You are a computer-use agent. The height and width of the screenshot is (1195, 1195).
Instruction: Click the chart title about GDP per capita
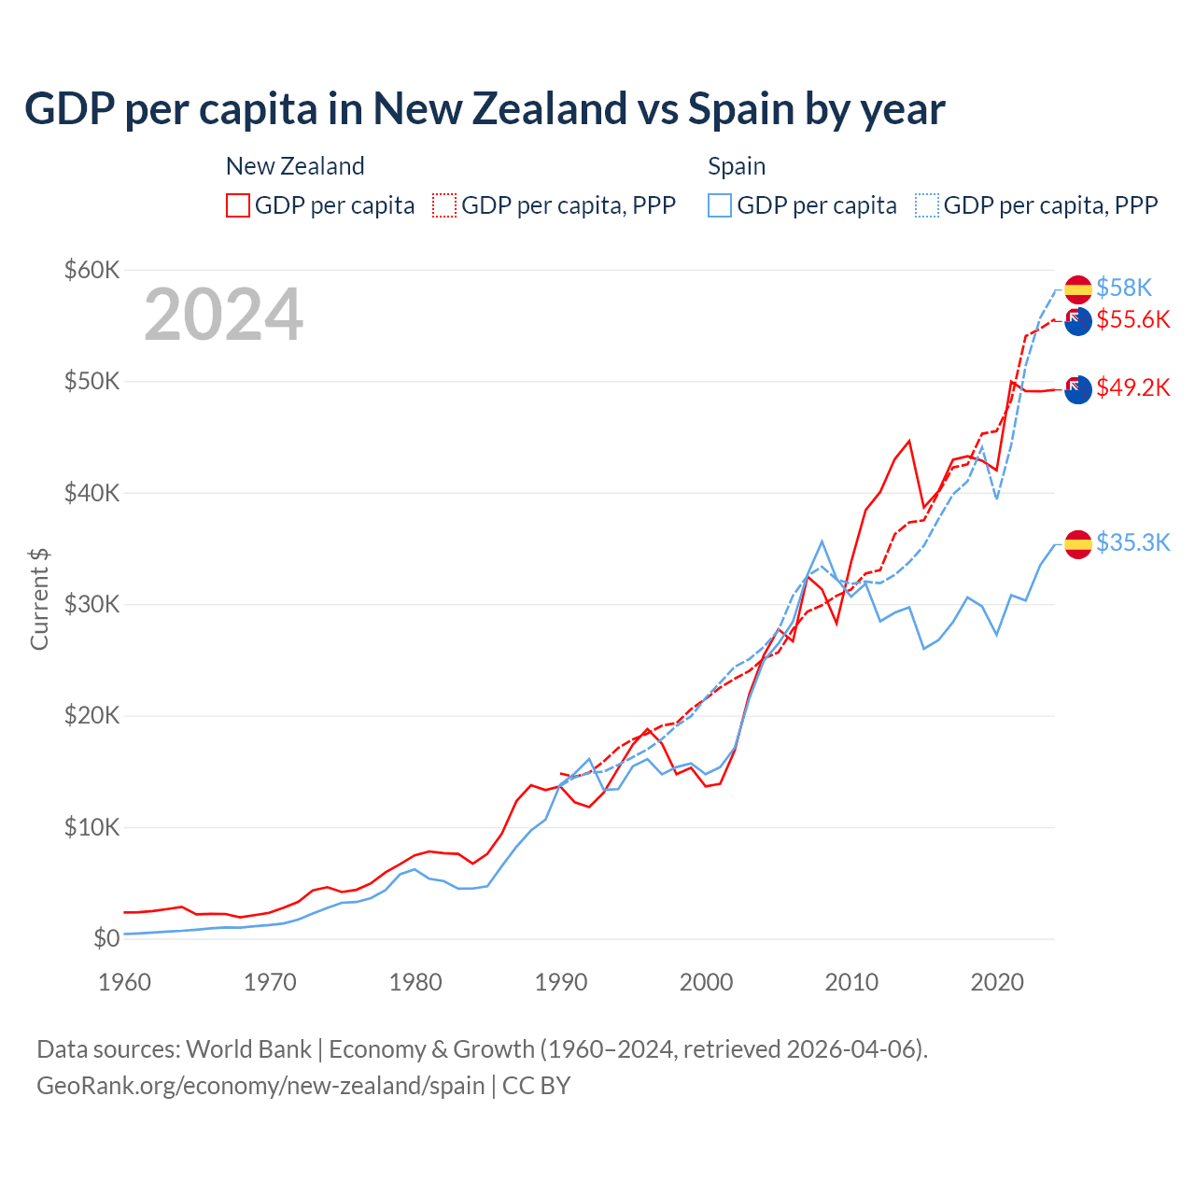tap(485, 109)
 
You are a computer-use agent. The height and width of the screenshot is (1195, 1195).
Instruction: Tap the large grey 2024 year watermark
tap(223, 315)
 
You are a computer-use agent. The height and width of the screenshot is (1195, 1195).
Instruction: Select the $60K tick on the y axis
tap(92, 271)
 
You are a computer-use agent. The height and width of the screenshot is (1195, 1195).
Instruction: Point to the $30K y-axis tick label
tap(92, 604)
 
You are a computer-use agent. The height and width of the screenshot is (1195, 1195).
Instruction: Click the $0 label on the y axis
tap(106, 938)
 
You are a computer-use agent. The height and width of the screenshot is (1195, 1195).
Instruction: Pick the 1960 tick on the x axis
tap(124, 982)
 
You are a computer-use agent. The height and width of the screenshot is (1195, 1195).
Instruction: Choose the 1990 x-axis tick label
tap(561, 982)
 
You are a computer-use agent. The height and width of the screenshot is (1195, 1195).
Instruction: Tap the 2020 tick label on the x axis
tap(997, 982)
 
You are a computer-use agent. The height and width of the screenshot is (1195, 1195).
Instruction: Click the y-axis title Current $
tap(39, 599)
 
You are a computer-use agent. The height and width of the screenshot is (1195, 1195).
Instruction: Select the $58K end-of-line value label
tap(1124, 288)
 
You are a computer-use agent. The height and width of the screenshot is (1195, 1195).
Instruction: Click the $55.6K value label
tap(1133, 319)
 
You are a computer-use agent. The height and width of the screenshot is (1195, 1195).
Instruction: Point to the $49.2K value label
tap(1133, 387)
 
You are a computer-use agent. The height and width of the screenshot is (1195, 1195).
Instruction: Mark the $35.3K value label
tap(1133, 542)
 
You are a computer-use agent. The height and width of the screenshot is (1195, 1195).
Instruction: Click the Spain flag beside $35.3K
tap(1078, 544)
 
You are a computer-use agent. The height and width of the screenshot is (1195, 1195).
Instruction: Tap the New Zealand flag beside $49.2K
tap(1078, 389)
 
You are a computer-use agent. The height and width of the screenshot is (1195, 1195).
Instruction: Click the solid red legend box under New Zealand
tap(238, 205)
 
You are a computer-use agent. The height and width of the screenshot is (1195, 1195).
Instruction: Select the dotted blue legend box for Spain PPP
tap(927, 205)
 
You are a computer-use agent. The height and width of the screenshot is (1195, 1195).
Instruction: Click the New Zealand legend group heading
tap(295, 166)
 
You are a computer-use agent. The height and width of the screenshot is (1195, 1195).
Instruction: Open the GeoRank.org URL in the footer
tap(260, 1086)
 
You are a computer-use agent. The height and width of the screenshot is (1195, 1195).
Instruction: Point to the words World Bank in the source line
tap(248, 1049)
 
